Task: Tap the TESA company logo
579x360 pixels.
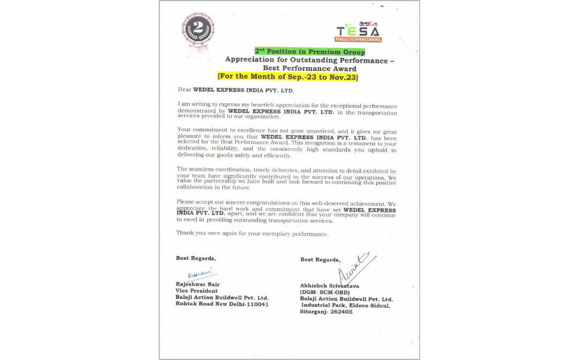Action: pos(358,32)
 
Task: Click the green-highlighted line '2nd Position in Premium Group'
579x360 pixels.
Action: pos(309,51)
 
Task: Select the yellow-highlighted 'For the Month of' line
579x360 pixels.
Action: pos(287,77)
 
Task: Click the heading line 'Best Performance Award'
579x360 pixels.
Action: pos(309,69)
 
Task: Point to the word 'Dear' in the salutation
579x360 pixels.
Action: pos(184,90)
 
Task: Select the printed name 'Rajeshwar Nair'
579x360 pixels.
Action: pos(198,284)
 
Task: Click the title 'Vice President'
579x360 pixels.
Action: pos(197,291)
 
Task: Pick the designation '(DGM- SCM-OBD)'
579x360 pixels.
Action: pos(325,292)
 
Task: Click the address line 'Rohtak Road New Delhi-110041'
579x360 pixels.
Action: pos(222,304)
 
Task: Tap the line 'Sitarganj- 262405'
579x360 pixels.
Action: pos(326,312)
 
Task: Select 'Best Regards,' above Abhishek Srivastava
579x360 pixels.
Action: pos(320,260)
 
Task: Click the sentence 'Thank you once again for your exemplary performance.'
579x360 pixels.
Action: pos(252,234)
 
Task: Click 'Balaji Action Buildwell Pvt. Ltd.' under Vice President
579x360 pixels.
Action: pos(222,297)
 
